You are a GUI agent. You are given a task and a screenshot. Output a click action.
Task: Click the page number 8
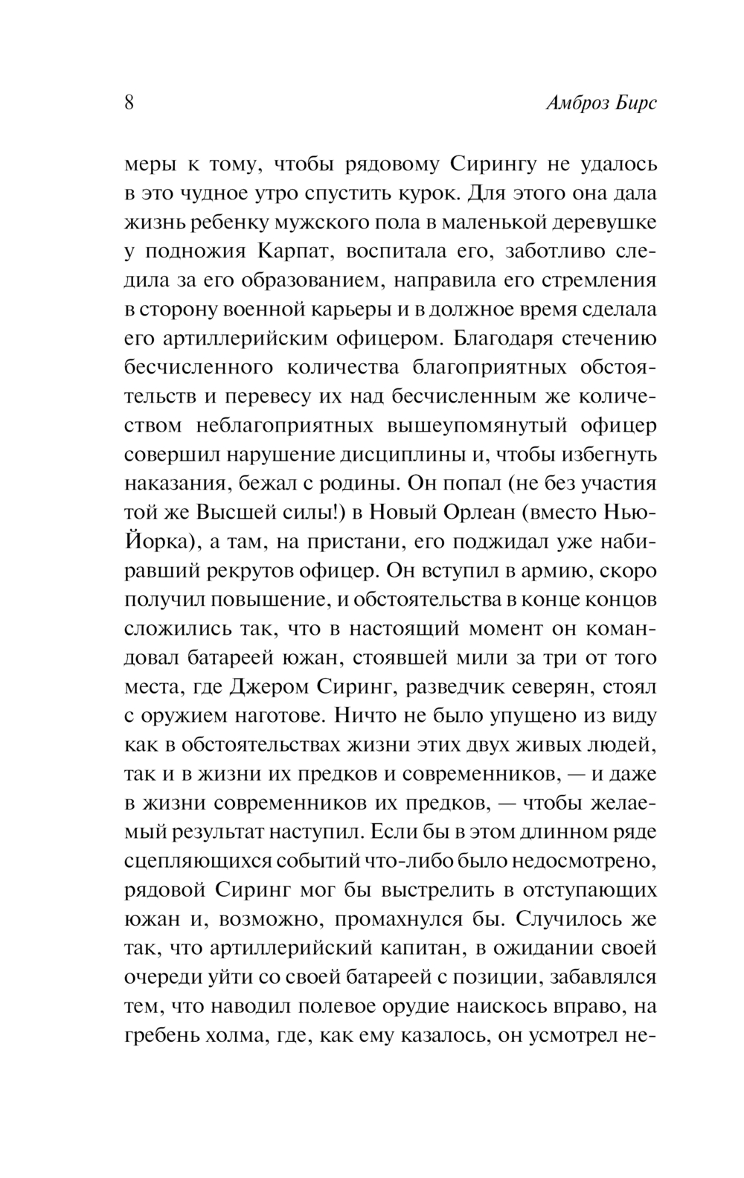pos(129,102)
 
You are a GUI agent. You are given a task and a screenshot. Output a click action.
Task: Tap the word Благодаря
pos(495,339)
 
